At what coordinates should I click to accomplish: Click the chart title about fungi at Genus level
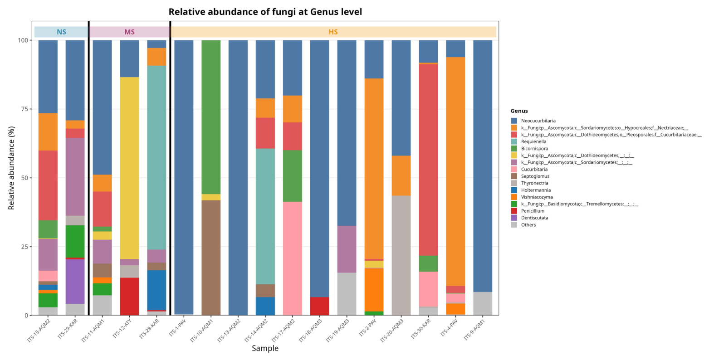(x=265, y=12)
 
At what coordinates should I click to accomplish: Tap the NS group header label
(x=61, y=32)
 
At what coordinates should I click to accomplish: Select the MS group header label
(x=129, y=32)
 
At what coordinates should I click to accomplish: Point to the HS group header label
(x=333, y=32)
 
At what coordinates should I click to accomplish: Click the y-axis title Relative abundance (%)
(x=11, y=168)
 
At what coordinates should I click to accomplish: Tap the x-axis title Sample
(x=265, y=348)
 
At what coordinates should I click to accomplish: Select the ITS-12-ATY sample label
(x=122, y=329)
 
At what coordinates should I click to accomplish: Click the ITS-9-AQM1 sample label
(x=474, y=329)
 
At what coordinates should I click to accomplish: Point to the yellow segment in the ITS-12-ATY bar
(x=129, y=168)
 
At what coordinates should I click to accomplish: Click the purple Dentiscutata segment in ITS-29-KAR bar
(x=75, y=282)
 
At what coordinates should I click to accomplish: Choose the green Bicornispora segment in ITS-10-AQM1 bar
(x=211, y=117)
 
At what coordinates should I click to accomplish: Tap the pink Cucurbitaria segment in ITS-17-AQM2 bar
(x=293, y=258)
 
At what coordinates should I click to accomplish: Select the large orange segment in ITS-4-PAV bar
(x=455, y=171)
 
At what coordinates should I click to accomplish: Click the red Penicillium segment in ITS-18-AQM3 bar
(x=320, y=306)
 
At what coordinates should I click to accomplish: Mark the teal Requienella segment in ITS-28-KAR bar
(x=156, y=157)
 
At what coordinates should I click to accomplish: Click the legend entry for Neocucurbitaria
(x=533, y=121)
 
